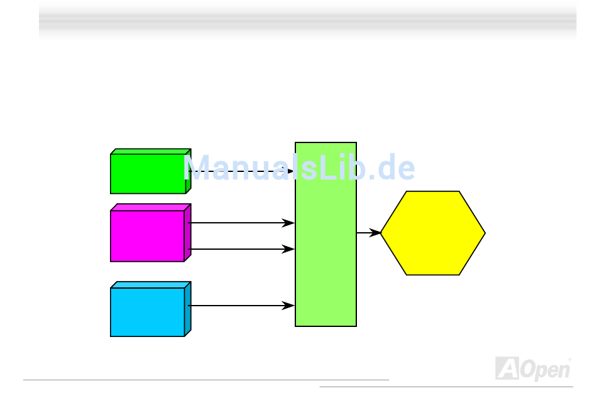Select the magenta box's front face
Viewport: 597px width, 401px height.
pyautogui.click(x=147, y=236)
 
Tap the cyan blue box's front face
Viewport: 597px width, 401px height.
pyautogui.click(x=147, y=312)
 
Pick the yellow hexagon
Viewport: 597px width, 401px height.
pyautogui.click(x=433, y=233)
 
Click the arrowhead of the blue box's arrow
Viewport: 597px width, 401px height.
pyautogui.click(x=289, y=306)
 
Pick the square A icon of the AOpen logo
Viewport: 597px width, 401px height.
pyautogui.click(x=507, y=368)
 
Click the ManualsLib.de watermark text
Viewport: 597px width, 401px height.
pyautogui.click(x=299, y=168)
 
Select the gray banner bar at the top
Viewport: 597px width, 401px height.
pyautogui.click(x=307, y=18)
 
